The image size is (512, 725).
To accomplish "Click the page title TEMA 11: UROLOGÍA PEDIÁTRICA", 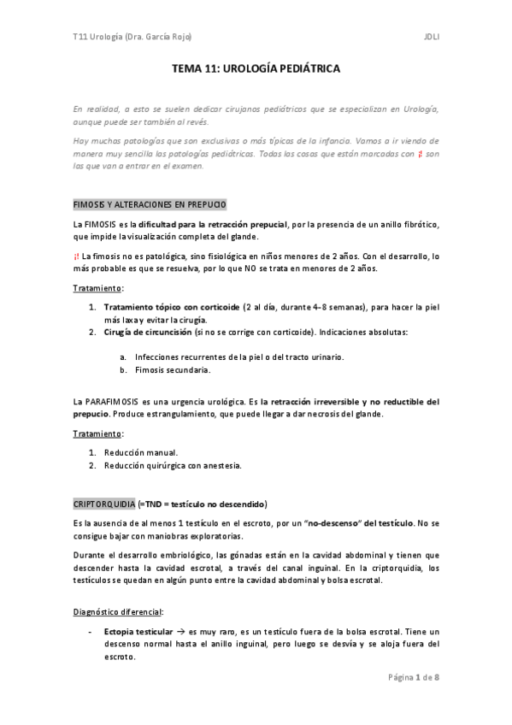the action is tap(256, 74).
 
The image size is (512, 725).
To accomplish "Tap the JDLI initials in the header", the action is tap(430, 36).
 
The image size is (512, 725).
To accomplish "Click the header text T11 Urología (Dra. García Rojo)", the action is tap(132, 36).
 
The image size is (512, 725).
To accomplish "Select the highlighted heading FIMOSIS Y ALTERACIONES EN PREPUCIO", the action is tap(150, 205).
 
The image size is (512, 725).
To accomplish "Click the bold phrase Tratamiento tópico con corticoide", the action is tap(171, 307).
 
